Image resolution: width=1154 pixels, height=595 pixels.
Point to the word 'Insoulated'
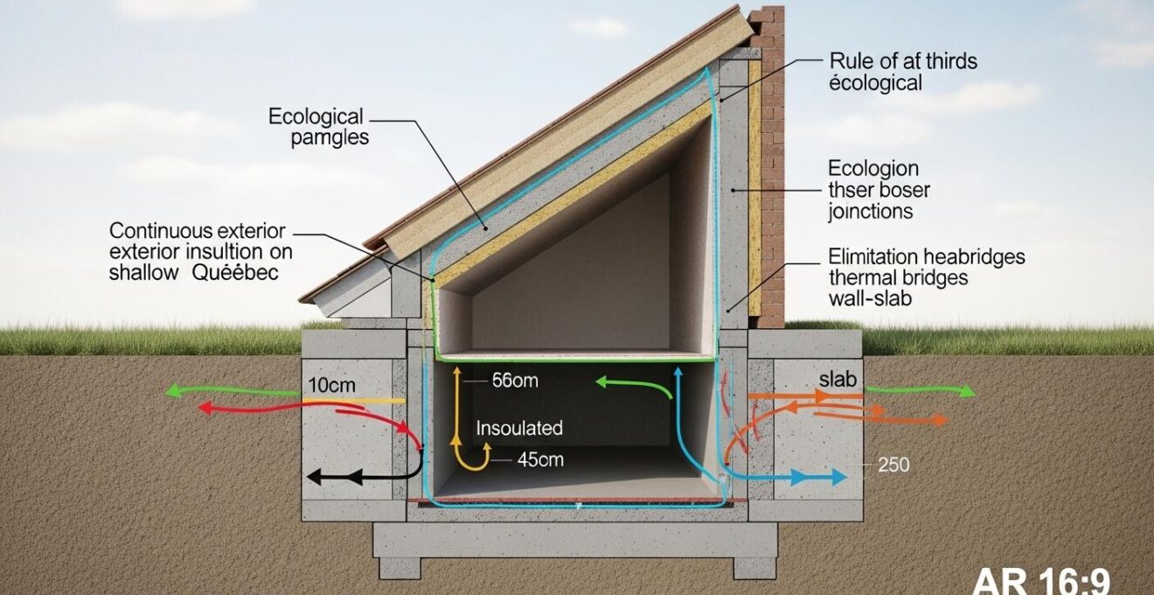coord(519,429)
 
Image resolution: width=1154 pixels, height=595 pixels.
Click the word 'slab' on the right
coord(838,380)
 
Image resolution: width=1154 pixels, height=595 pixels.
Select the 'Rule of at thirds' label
coord(901,61)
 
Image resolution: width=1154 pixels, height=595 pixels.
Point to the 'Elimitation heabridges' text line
coord(925,257)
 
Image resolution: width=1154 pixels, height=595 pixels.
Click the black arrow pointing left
coord(341,477)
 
